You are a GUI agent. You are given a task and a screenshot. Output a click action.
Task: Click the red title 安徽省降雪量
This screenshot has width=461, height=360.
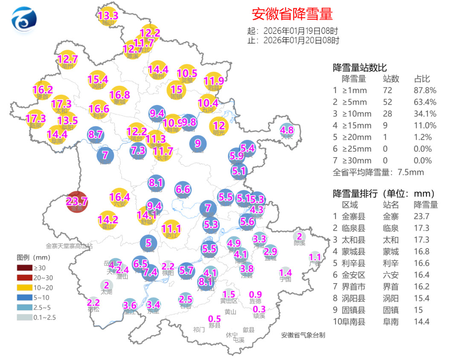click(292, 14)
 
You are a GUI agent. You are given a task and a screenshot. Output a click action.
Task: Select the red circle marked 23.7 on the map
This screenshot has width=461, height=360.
click(77, 201)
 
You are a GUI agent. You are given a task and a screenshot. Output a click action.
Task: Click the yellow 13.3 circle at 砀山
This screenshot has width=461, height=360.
click(108, 17)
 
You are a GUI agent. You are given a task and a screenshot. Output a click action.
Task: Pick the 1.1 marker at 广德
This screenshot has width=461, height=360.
click(315, 258)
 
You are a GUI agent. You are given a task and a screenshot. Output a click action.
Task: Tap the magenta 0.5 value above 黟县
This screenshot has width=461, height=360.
click(214, 319)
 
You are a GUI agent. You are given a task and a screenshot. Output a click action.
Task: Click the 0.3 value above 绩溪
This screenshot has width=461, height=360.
click(259, 309)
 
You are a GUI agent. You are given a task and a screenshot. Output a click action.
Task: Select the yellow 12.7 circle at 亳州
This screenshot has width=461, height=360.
click(67, 60)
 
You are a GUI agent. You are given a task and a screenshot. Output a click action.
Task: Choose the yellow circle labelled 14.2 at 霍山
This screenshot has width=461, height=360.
click(108, 220)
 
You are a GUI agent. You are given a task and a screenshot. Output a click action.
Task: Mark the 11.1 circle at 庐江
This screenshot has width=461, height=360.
click(172, 229)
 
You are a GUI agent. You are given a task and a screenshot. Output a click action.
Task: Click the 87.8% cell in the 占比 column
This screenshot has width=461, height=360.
click(425, 91)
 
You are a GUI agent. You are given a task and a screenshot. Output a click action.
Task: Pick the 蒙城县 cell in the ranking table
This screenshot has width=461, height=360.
click(353, 252)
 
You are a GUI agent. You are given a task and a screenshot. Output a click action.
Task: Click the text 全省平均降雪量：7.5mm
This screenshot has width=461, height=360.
click(378, 173)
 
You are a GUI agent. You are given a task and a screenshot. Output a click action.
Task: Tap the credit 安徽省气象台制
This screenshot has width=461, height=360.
click(303, 335)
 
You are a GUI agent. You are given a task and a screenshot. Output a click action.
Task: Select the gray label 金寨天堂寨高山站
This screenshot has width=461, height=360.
click(69, 246)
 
